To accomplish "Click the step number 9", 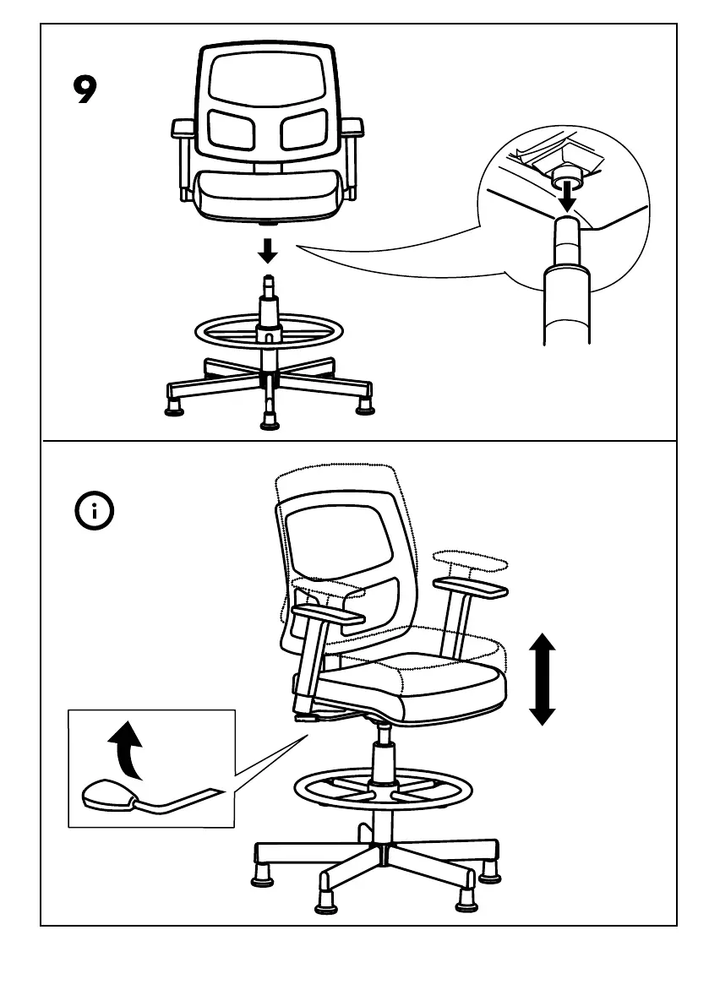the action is [85, 90].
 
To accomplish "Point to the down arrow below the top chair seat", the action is [269, 250].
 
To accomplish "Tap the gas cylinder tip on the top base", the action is [269, 284].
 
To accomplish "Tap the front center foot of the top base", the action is [269, 419].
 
